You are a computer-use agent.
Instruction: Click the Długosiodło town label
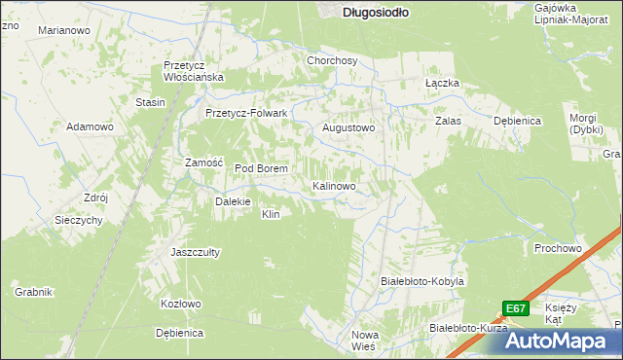pos(376,13)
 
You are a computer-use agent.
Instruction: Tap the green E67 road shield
pos(516,308)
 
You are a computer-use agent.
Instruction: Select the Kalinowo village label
pos(340,185)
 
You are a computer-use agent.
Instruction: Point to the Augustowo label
pos(348,127)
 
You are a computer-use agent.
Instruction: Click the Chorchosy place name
pos(332,60)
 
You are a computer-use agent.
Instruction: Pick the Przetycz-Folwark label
pos(246,113)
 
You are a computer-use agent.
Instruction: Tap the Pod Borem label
pos(261,168)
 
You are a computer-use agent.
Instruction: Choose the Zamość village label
pos(205,162)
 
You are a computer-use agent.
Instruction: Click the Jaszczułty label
pos(195,251)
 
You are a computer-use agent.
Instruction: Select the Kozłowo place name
pos(180,304)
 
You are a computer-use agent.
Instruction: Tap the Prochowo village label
pos(558,248)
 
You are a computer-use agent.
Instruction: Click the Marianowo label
pos(64,31)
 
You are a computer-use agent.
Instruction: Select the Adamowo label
pos(91,127)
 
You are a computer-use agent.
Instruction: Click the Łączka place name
pos(442,84)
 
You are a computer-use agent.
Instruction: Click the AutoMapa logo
pos(563,340)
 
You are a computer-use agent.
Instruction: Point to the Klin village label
pos(271,214)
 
